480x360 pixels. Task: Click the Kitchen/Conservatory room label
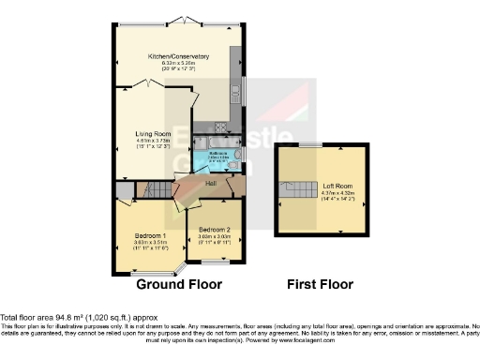point(177,57)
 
